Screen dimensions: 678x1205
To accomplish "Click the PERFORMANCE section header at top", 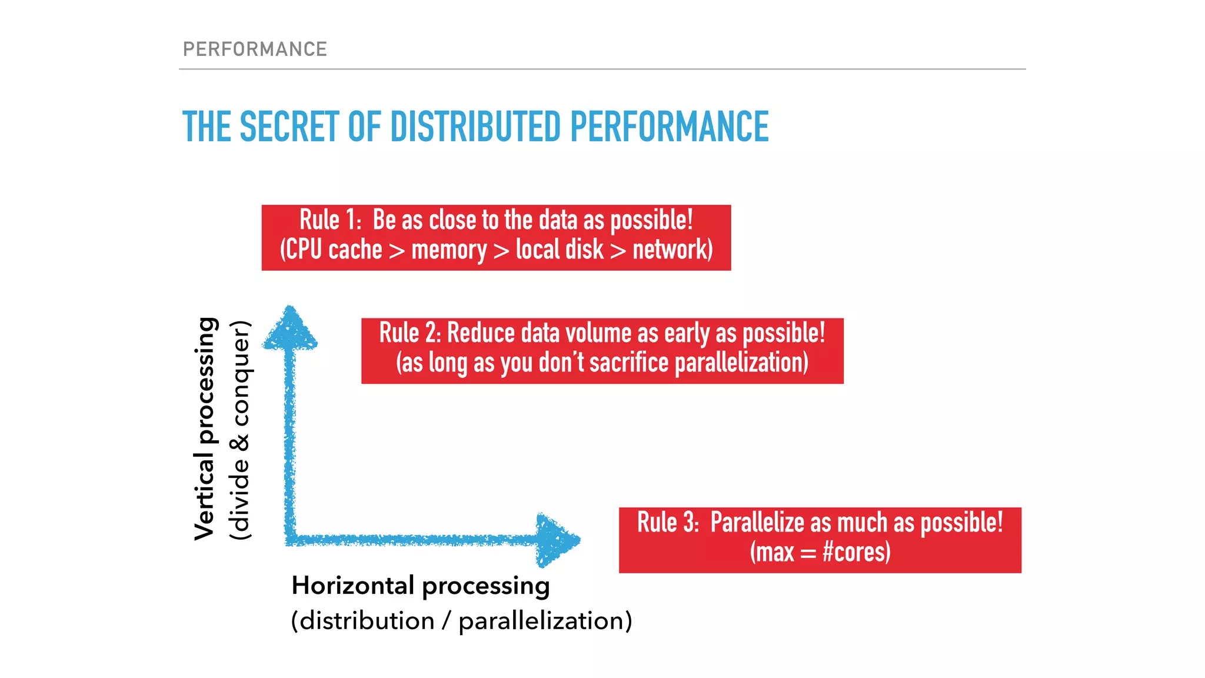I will [255, 49].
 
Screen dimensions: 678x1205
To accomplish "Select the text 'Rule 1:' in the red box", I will [330, 220].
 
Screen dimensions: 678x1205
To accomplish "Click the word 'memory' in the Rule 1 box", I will [449, 250].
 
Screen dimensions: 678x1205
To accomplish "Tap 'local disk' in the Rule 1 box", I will [560, 250].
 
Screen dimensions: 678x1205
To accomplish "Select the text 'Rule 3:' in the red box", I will [668, 523].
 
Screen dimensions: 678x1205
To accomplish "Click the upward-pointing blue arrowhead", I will [289, 330].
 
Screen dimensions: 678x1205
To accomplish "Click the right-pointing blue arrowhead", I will [556, 540].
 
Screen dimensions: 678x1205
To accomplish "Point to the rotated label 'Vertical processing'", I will [205, 428].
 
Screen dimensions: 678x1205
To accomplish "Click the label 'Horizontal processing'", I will [421, 586].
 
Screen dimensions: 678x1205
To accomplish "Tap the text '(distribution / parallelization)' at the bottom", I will [461, 621].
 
